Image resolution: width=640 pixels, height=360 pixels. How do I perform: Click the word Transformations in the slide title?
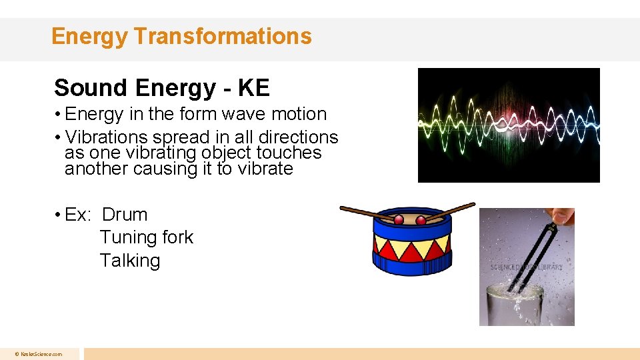(222, 36)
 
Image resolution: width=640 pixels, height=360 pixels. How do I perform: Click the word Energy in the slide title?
(89, 36)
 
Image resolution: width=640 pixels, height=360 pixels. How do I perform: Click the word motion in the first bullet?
(297, 114)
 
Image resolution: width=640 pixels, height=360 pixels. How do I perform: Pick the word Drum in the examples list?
(125, 215)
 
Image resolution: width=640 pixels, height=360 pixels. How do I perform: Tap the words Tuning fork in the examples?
(146, 237)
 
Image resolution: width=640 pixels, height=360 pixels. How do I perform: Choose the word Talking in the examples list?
(130, 260)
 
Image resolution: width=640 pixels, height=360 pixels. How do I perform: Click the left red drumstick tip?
(399, 220)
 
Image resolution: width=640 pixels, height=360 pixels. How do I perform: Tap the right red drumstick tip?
(421, 220)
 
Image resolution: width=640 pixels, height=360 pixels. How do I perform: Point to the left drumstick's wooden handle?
(363, 212)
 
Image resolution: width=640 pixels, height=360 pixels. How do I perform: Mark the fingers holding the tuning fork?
(563, 217)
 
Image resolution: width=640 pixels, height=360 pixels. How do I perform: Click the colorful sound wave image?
(508, 125)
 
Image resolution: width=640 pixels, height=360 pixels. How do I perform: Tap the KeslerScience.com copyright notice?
(39, 354)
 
